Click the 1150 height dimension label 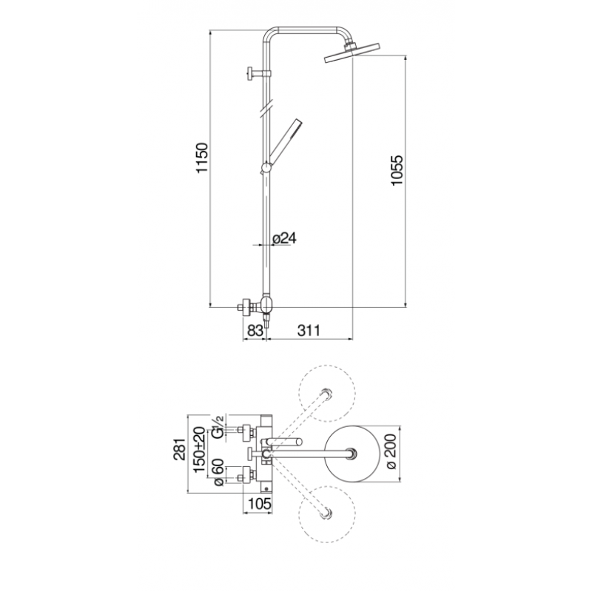click(202, 158)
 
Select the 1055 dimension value click(397, 170)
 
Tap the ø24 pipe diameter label click(284, 238)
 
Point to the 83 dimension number click(255, 330)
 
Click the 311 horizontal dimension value click(309, 330)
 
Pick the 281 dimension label click(180, 449)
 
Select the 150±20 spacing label click(199, 449)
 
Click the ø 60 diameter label click(219, 473)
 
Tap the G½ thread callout click(218, 427)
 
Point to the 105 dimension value click(260, 503)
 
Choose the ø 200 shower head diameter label click(391, 452)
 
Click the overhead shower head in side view click(351, 52)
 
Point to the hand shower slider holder click(266, 168)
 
